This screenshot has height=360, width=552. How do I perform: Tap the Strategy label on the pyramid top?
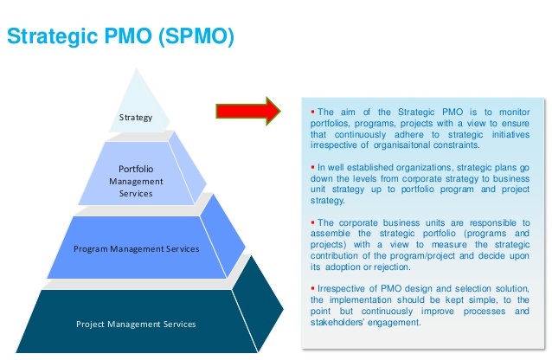click(x=135, y=117)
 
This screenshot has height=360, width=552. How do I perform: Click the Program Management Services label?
click(x=137, y=248)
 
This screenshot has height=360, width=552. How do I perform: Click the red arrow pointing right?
click(x=249, y=111)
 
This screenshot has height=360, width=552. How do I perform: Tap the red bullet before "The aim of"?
click(x=312, y=112)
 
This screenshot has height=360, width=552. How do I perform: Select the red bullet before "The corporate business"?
click(x=312, y=222)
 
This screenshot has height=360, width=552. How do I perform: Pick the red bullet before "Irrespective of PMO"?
click(x=312, y=288)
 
